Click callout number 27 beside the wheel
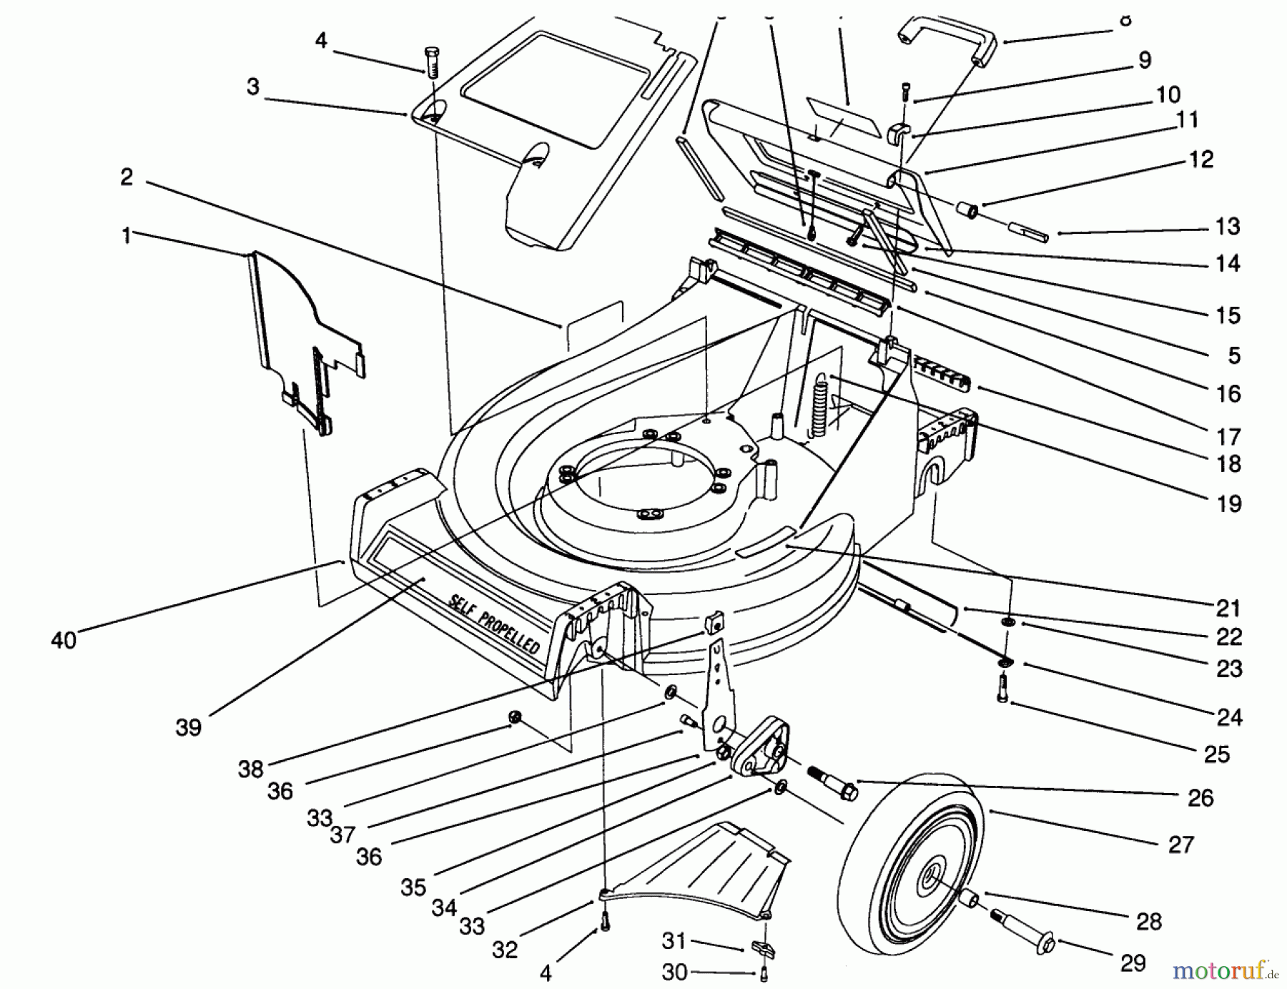coord(1180,845)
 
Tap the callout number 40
coord(64,639)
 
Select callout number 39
coord(188,727)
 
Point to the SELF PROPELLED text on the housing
coord(494,623)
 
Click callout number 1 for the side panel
coord(127,235)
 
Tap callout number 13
coord(1227,227)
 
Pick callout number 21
coord(1227,608)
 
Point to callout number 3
coord(253,87)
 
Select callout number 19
coord(1228,503)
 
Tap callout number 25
coord(1216,754)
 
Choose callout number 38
coord(251,769)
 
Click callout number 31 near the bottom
coord(673,940)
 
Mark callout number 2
coord(127,177)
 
